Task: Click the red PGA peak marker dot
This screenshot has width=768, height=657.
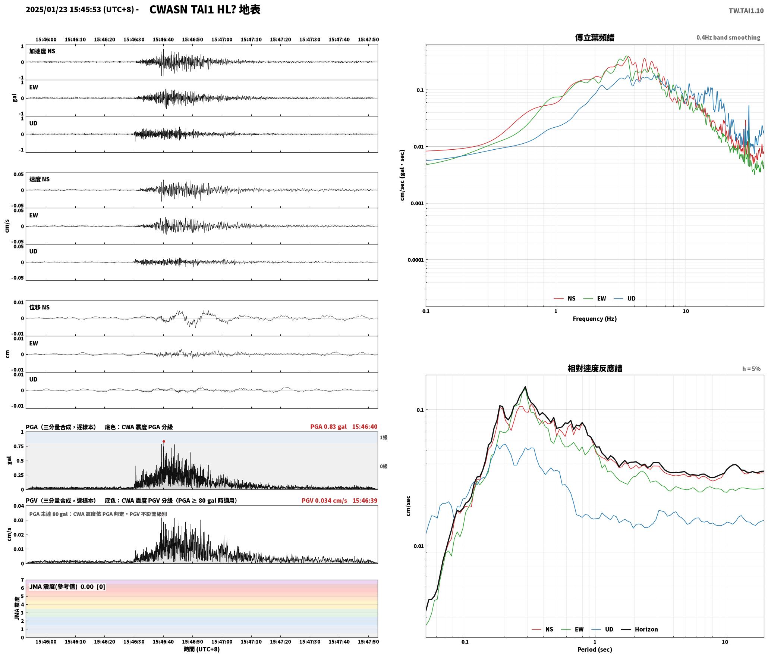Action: coord(164,441)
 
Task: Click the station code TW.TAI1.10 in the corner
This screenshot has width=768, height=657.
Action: coord(746,11)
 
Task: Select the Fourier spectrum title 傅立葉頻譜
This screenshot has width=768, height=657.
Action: coord(595,38)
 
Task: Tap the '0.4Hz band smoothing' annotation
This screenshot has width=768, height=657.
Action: coord(728,37)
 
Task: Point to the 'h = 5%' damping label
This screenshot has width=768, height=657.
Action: coord(751,369)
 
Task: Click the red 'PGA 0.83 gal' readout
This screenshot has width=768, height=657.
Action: coord(328,427)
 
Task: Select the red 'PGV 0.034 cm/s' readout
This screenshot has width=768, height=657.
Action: coord(324,500)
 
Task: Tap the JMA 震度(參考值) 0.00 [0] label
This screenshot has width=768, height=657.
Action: coord(67,586)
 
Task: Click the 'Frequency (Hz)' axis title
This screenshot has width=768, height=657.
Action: coord(595,318)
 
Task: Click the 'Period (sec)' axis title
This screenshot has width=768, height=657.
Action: coord(595,649)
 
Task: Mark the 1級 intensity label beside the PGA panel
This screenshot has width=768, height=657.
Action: coord(384,437)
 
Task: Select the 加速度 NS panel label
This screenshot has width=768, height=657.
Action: coord(42,51)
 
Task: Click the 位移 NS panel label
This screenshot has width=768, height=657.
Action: coord(39,307)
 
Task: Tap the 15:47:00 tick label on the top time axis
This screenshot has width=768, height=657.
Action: coord(221,39)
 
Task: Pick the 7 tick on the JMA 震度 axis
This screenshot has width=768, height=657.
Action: coord(22,580)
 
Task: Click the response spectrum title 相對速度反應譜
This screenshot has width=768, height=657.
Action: coord(595,368)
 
